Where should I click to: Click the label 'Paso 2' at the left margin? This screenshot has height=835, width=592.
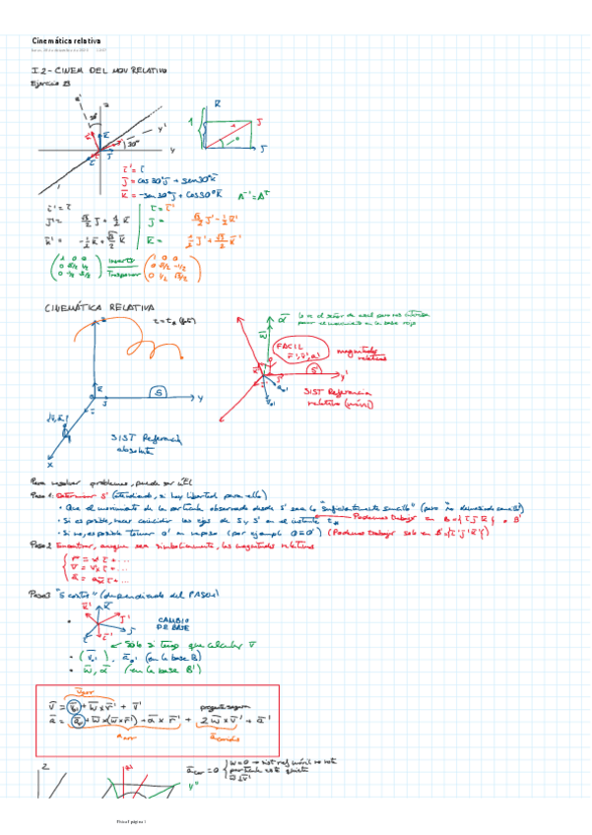coord(44,544)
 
